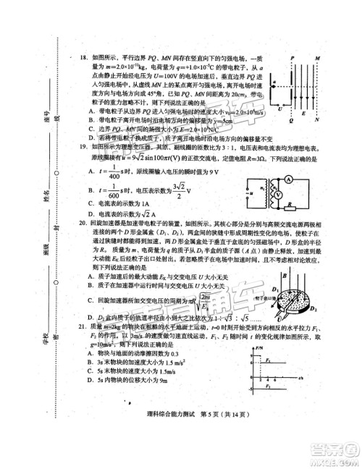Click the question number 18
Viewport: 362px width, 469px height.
pyautogui.click(x=75, y=56)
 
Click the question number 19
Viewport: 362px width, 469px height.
pyautogui.click(x=75, y=146)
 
